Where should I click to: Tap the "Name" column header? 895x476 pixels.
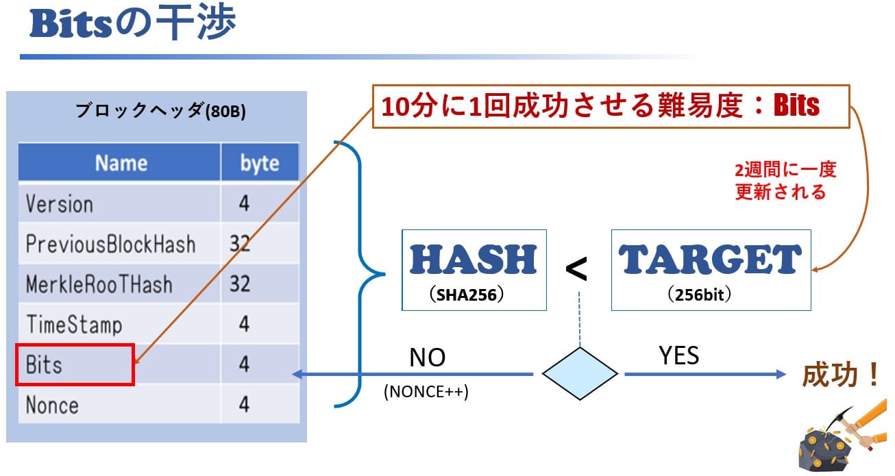point(121,163)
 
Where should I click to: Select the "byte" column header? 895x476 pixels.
point(259,164)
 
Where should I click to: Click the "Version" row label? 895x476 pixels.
point(59,204)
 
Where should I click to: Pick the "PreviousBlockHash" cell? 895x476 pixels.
point(110,244)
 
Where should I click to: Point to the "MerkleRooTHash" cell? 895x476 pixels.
point(99,284)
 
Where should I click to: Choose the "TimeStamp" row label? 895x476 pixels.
point(73,324)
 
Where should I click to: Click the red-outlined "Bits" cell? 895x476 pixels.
point(75,364)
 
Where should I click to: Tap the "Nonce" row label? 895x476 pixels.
point(52,405)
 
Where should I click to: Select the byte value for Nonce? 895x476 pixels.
point(243,405)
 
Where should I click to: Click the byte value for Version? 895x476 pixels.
point(243,204)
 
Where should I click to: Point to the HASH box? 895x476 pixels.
point(474,269)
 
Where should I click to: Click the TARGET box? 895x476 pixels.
point(710,269)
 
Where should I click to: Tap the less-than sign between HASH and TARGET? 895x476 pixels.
point(576,269)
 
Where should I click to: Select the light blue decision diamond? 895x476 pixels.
point(580,374)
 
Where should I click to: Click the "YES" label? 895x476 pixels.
point(678,355)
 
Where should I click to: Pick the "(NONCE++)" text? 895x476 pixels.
point(426,392)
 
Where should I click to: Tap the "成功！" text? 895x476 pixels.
point(840,375)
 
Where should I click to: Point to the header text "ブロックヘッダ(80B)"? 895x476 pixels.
point(160,112)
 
